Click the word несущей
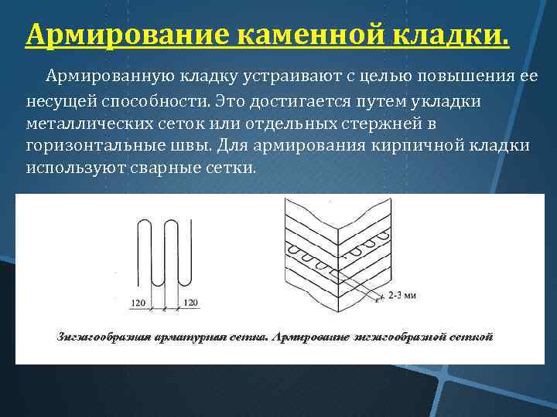tap(57, 101)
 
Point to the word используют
tap(70, 168)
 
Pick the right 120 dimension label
tap(191, 302)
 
